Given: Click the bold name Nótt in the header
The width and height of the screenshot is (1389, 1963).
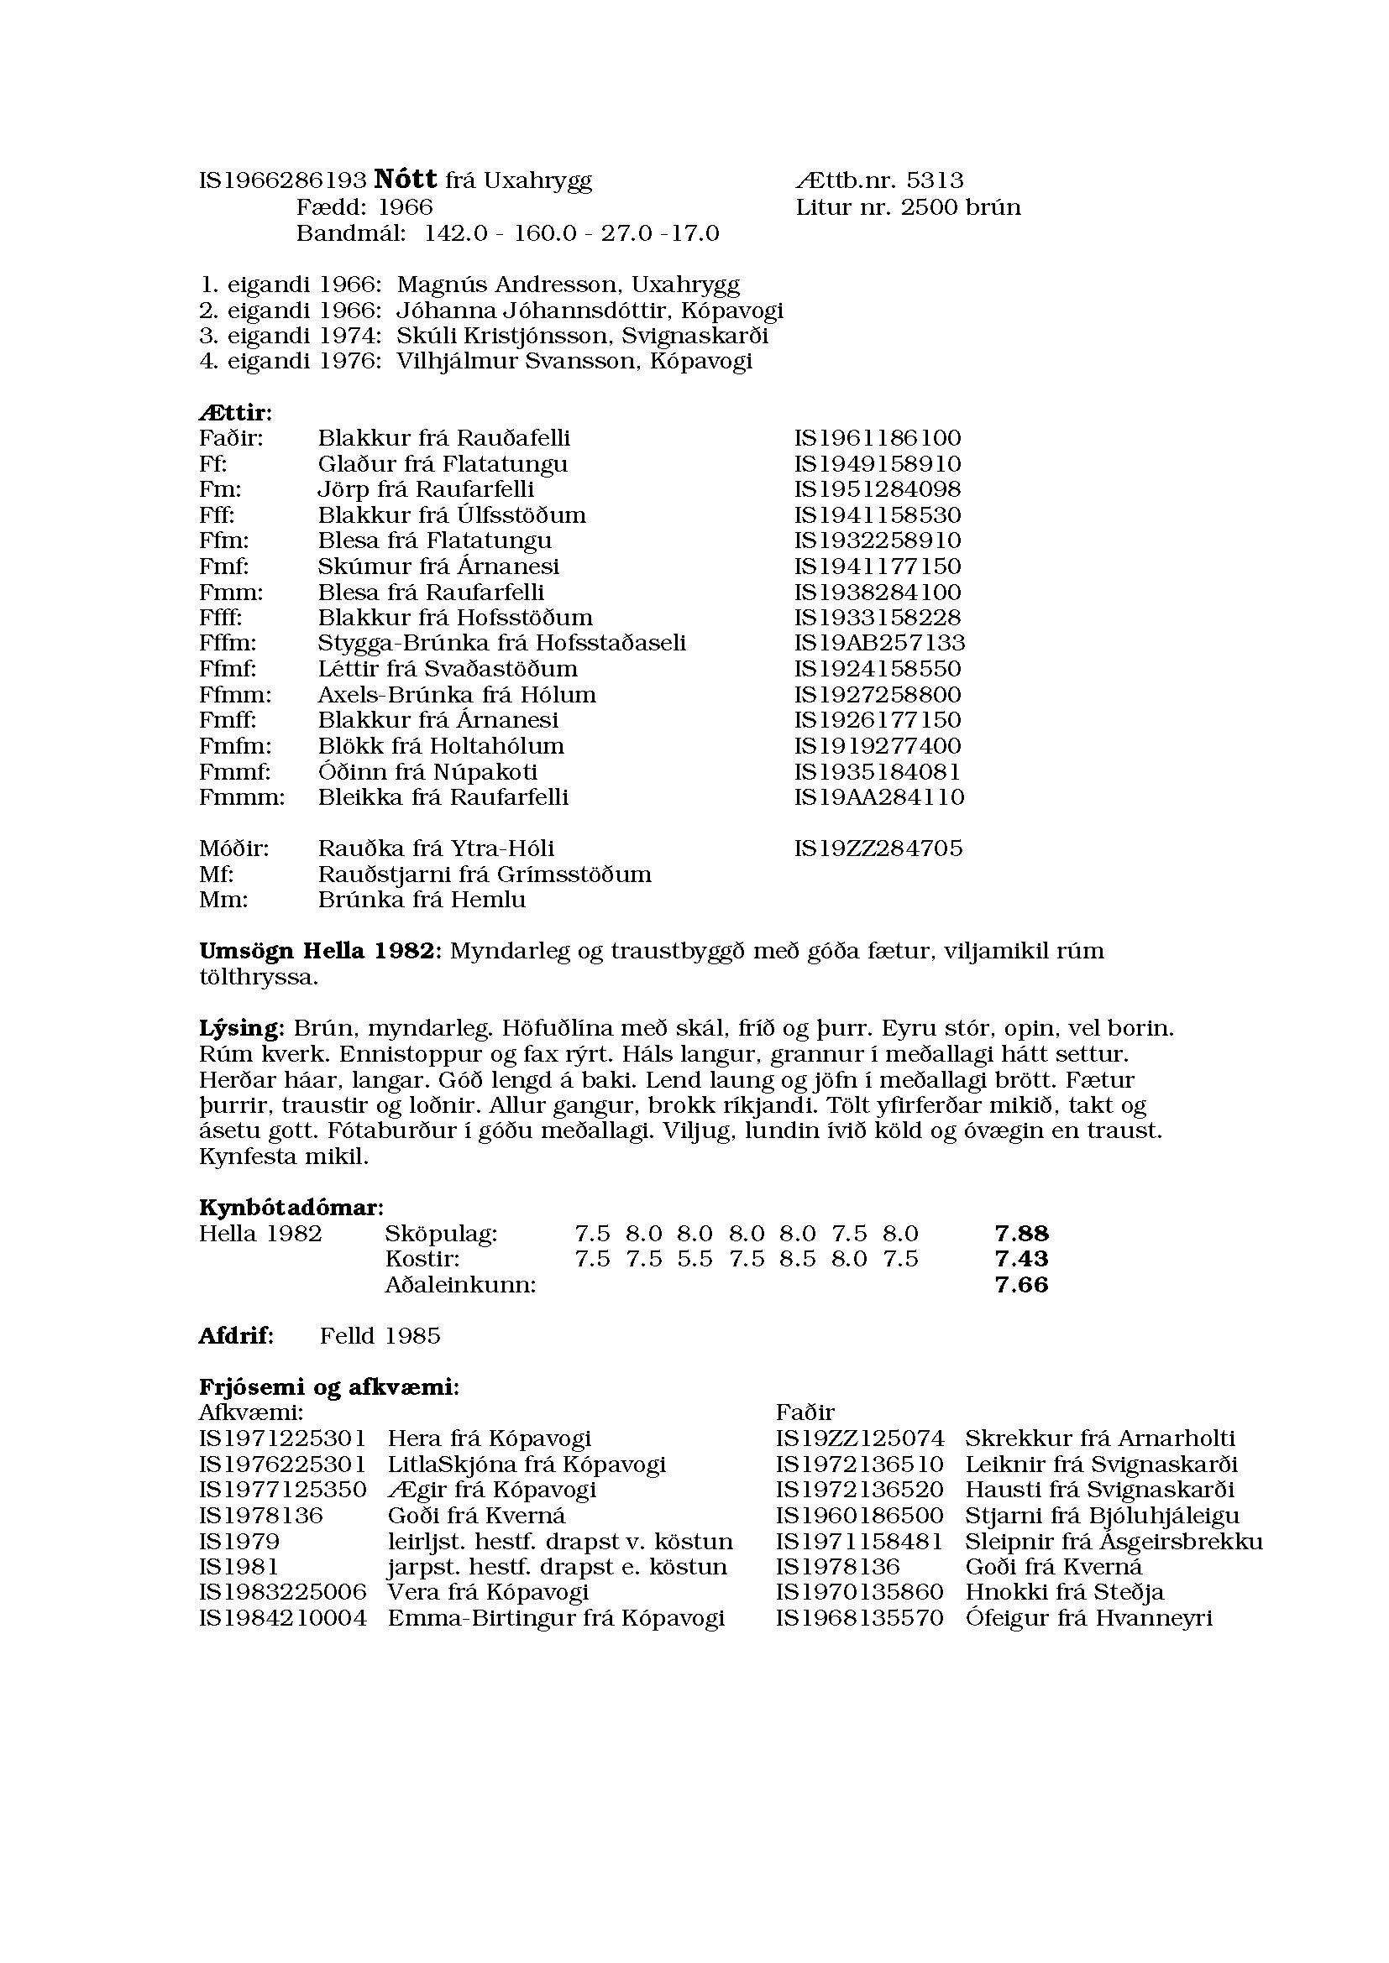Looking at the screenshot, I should (406, 180).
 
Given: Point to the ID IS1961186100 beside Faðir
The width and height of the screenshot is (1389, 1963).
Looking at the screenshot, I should (878, 438).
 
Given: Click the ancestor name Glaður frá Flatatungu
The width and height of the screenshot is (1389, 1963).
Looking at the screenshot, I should (443, 463).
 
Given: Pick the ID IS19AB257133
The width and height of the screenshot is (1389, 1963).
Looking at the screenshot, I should (879, 643).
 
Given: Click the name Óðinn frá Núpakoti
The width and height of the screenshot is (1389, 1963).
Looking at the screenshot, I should (427, 771).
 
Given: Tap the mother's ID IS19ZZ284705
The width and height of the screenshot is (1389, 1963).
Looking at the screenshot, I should (878, 848).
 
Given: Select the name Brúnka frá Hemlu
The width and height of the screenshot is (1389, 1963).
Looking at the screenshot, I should (422, 900).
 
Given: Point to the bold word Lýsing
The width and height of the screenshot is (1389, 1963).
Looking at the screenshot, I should (240, 1028).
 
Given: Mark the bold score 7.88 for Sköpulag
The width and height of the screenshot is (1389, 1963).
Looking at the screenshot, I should (1021, 1233).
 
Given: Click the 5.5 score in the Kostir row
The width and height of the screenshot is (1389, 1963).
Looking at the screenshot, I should (694, 1259).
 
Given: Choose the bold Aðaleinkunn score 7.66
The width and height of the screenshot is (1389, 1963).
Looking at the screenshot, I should (1021, 1284).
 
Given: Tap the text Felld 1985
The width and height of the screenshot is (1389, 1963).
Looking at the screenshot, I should (380, 1335).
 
